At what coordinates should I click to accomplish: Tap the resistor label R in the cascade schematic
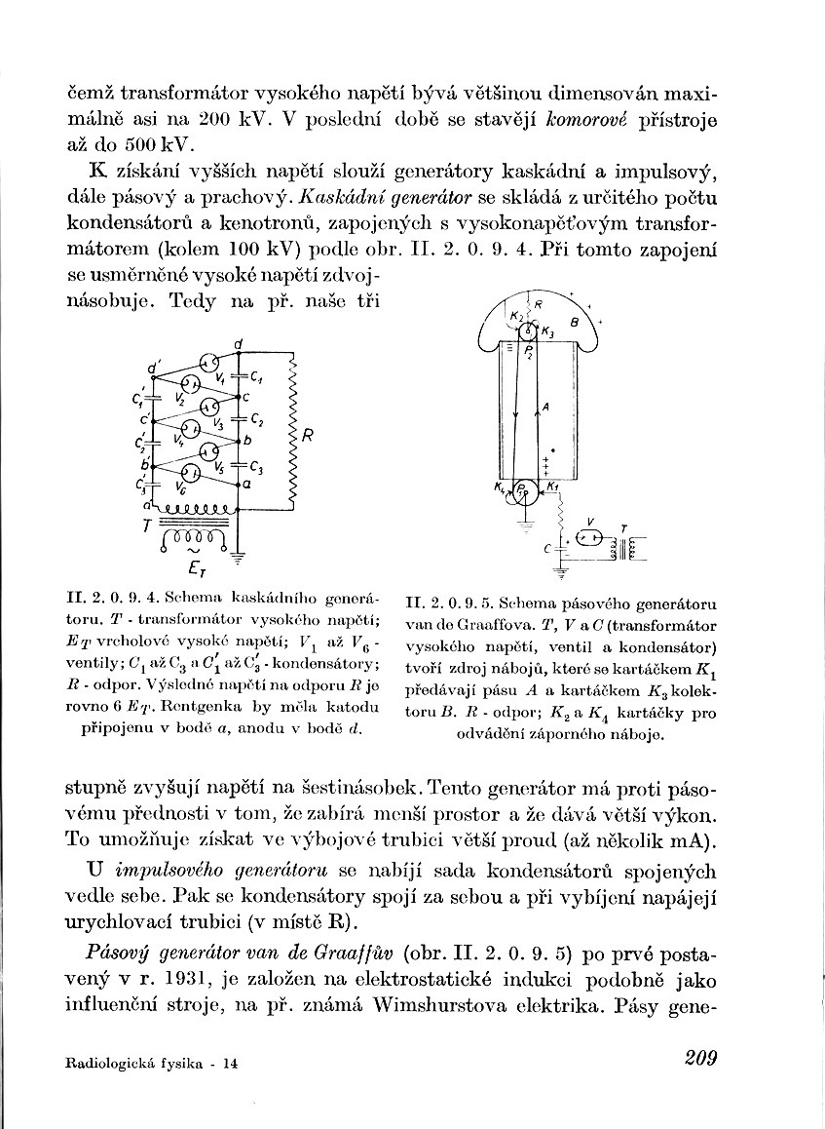[x=306, y=436]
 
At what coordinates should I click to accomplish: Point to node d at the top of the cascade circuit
[x=239, y=342]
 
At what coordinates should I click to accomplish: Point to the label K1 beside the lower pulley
[x=553, y=487]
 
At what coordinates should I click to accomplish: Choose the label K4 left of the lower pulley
[x=500, y=487]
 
